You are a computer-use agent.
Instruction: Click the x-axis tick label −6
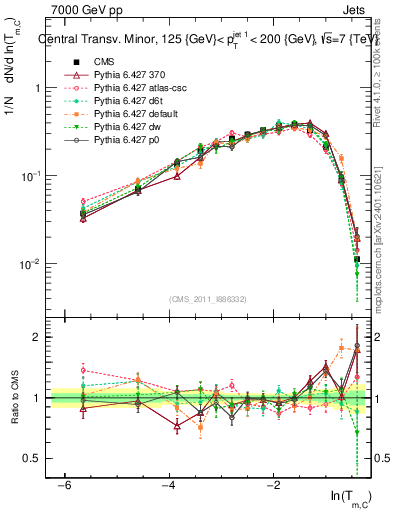coord(63,486)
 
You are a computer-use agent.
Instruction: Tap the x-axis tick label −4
coord(168,486)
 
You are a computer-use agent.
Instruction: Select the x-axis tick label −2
coord(273,486)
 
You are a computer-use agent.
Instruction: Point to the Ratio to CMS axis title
coord(14,397)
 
